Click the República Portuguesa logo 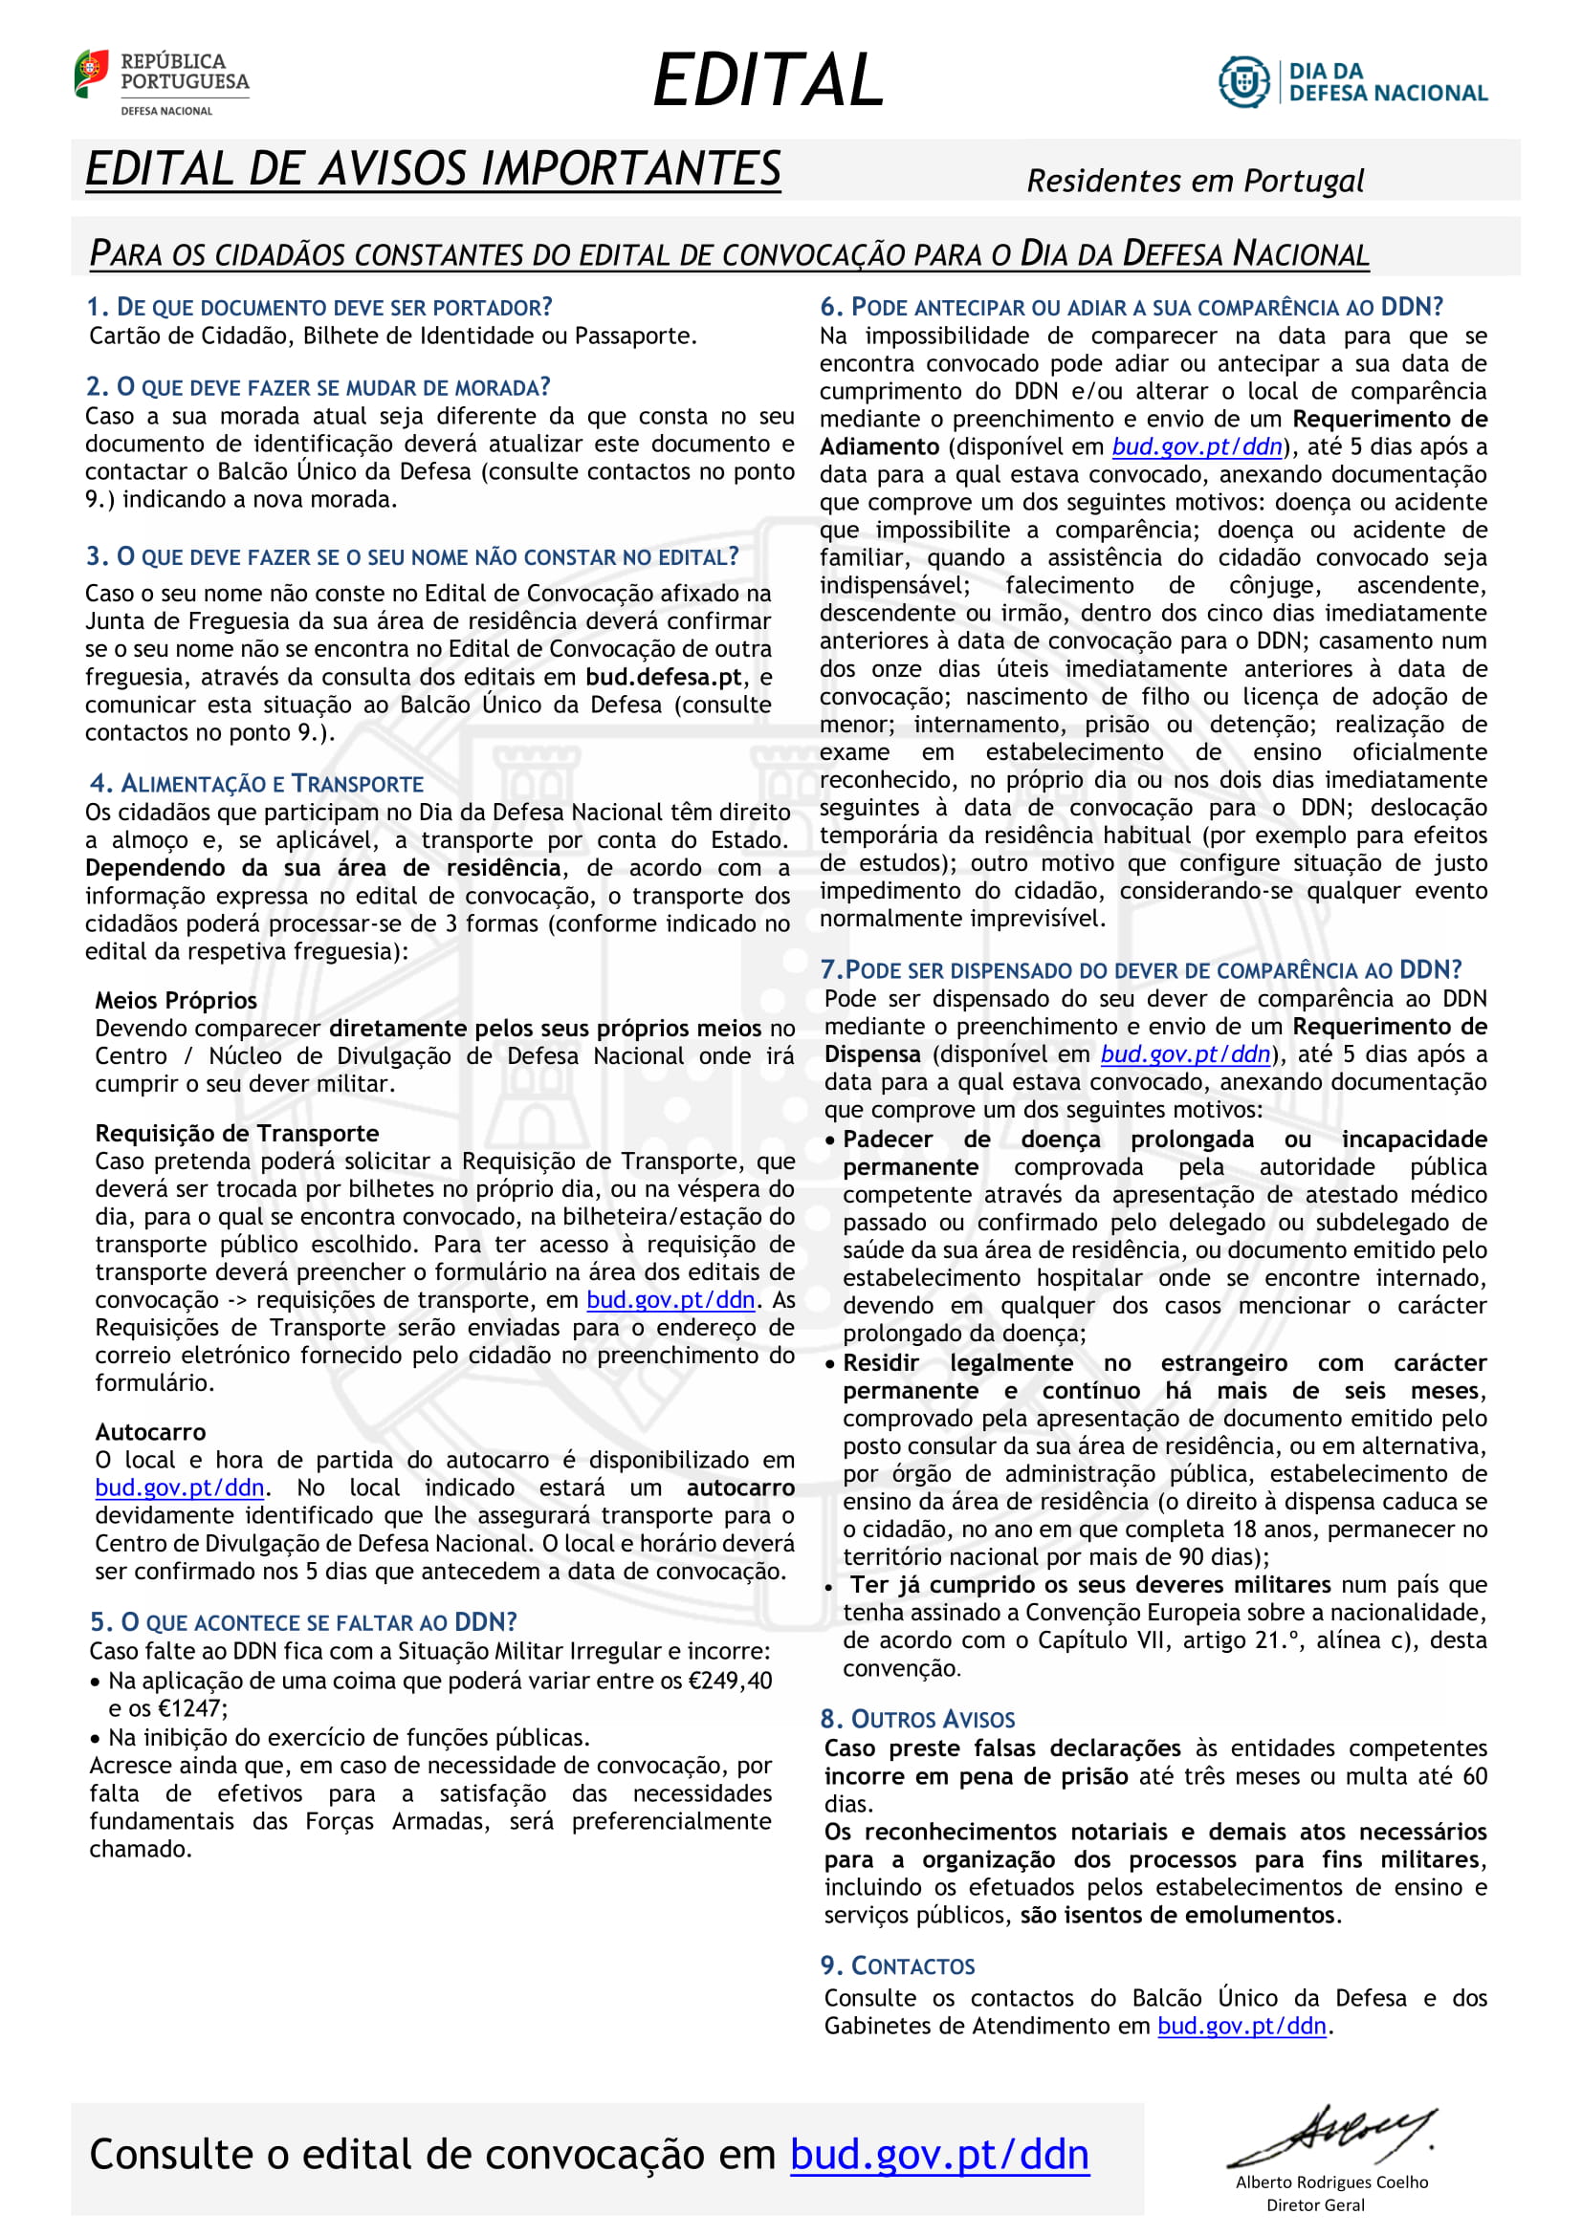(x=161, y=82)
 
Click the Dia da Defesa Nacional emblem (x=1353, y=82)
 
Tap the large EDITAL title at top (x=768, y=80)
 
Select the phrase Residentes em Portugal (x=1195, y=181)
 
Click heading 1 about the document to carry (x=319, y=308)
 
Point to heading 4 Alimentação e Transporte (x=257, y=783)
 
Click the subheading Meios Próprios (x=176, y=1000)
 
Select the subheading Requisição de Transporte (x=236, y=1133)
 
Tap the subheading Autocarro (x=151, y=1432)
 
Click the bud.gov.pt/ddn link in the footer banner (x=939, y=2154)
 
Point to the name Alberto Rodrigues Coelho (x=1330, y=2182)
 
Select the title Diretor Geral (x=1315, y=2204)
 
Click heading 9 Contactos (x=897, y=1965)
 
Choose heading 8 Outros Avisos (x=917, y=1719)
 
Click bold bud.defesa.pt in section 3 (x=664, y=677)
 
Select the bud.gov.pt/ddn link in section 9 (x=1241, y=2026)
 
